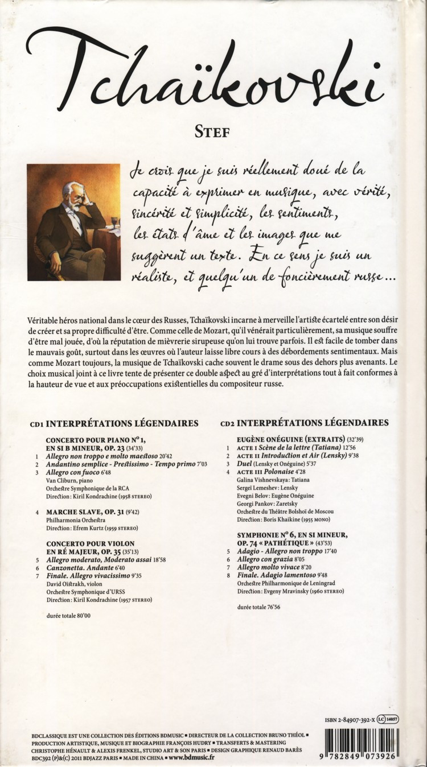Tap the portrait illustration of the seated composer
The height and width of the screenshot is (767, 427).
(74, 222)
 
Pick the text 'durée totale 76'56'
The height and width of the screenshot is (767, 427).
(258, 607)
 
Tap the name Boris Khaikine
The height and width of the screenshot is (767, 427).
(284, 520)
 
